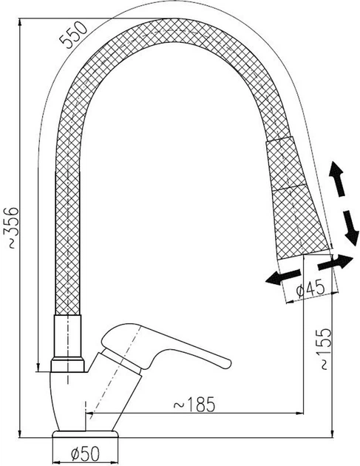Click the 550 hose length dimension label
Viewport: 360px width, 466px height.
pos(73,36)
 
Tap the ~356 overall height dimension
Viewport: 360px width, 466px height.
pos(11,228)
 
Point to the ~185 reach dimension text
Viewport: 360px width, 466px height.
pos(194,405)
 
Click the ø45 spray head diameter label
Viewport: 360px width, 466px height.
pos(310,288)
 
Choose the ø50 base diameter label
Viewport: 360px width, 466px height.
pos(85,453)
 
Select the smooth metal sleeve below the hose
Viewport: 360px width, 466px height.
pos(68,337)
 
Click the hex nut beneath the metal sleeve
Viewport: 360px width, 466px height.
pos(68,365)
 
